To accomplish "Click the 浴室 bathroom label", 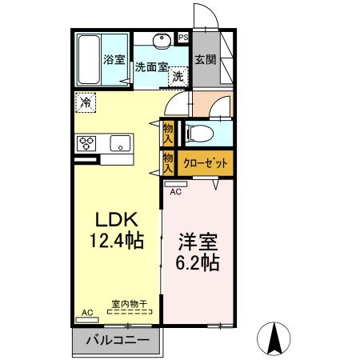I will [113, 58].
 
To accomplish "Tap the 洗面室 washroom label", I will [150, 67].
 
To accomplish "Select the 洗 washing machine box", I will [178, 77].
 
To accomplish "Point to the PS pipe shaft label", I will [183, 37].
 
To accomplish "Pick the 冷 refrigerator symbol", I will [86, 102].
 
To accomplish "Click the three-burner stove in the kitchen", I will [86, 143].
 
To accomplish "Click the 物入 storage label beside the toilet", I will [168, 133].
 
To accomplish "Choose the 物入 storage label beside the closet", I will [168, 163].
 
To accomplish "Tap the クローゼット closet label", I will [206, 163].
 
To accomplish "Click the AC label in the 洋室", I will [175, 192].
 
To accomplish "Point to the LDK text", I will [118, 218].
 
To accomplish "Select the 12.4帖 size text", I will [118, 239].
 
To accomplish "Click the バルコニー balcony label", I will [117, 340].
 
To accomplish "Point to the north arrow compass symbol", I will [274, 338].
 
